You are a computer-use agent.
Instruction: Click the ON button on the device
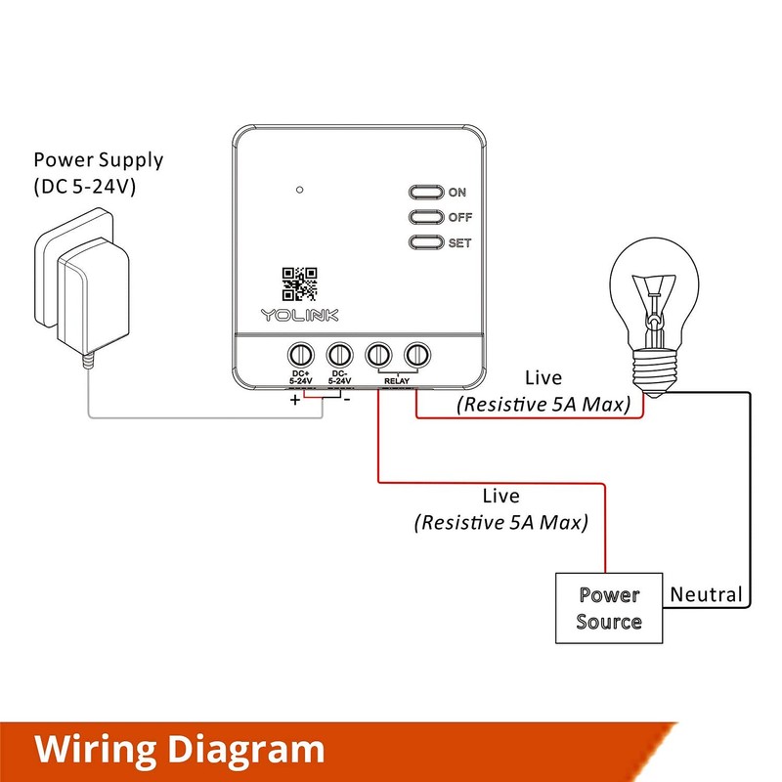point(426,192)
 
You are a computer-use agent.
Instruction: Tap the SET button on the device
point(426,242)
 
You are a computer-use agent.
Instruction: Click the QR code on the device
point(299,283)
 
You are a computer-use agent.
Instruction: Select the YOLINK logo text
point(299,315)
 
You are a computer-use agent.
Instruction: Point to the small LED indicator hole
point(300,190)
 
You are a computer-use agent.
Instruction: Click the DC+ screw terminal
point(301,355)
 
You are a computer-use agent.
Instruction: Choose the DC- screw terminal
point(339,355)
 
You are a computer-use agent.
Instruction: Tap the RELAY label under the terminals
point(397,381)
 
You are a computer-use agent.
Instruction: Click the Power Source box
point(609,608)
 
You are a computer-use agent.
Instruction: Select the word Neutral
point(706,594)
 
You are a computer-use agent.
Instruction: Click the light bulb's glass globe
point(654,294)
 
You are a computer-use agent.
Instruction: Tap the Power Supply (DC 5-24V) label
point(99,173)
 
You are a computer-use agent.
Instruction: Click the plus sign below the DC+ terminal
point(295,400)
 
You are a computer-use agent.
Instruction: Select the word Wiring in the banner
point(95,750)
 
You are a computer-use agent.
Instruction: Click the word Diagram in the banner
point(246,750)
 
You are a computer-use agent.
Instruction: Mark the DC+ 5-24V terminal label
point(301,377)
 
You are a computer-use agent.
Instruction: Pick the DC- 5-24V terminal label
point(339,377)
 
